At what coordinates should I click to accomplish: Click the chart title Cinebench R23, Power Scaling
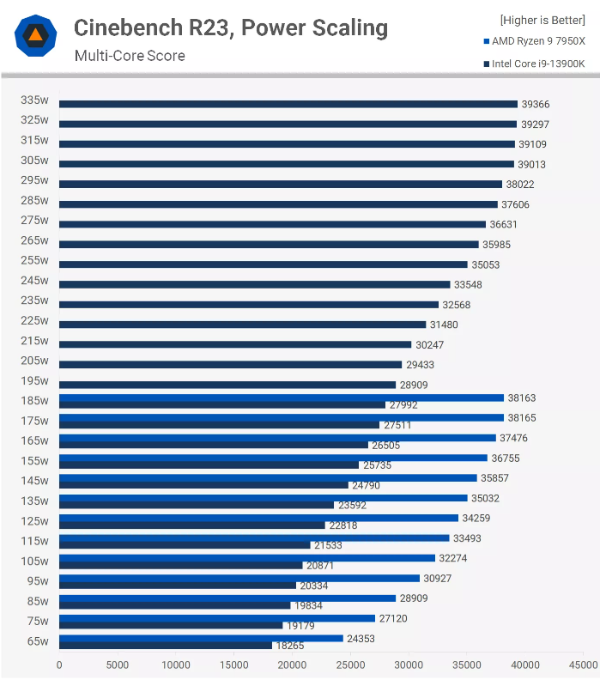pos(230,28)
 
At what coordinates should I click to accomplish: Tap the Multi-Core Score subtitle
pos(130,57)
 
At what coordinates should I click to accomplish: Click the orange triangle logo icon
pos(35,35)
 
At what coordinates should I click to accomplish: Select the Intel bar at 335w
pos(288,104)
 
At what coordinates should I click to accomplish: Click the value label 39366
pos(535,104)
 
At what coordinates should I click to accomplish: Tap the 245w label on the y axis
pos(34,280)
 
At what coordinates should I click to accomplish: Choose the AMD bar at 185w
pos(282,398)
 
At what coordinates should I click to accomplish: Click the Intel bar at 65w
pos(166,645)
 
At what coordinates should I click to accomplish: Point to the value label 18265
pos(289,646)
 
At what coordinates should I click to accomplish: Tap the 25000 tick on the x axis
pos(350,665)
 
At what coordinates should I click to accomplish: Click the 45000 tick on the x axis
pos(583,665)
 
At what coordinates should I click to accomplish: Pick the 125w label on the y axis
pos(34,520)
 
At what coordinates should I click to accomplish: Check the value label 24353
pos(361,638)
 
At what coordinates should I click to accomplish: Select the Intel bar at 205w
pos(230,365)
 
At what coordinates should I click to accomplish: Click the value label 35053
pos(485,264)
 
